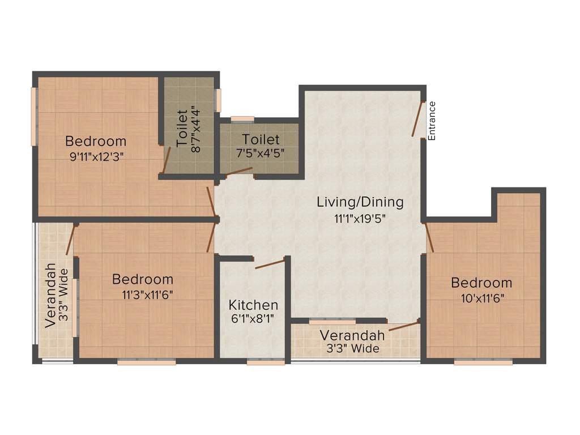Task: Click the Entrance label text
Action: [432, 121]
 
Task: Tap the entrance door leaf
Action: [418, 119]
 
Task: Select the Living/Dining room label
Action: [360, 202]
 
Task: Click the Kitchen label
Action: [253, 305]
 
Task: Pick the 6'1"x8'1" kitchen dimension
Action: [253, 318]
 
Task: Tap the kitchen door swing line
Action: [270, 263]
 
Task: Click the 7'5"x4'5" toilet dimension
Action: [261, 153]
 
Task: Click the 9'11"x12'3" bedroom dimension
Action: [96, 157]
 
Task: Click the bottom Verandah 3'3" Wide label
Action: [352, 342]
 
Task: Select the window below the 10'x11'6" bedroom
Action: [483, 362]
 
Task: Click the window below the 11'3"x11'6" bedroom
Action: [146, 362]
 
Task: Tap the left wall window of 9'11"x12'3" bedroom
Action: [33, 117]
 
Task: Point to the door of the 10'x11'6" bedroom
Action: [429, 238]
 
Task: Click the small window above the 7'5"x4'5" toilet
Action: [242, 119]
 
